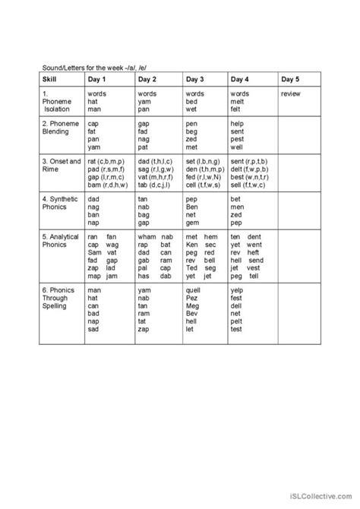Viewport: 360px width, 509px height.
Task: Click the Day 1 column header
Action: tap(98, 79)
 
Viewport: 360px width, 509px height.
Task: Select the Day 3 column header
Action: tap(196, 79)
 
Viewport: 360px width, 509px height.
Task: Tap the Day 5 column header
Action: tap(290, 79)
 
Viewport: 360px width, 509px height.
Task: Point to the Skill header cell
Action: tap(49, 79)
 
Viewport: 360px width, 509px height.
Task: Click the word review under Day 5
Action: tap(291, 93)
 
